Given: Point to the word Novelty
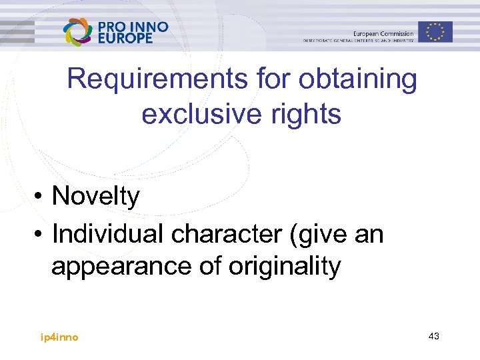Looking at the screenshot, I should pyautogui.click(x=96, y=197).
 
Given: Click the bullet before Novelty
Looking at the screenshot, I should pyautogui.click(x=41, y=197).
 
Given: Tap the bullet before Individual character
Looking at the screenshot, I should pyautogui.click(x=41, y=235).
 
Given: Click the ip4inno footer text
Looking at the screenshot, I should pyautogui.click(x=59, y=337).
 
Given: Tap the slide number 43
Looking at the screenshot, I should pyautogui.click(x=433, y=337).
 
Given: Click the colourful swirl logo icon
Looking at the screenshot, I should pyautogui.click(x=79, y=31).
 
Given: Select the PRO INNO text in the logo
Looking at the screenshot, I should pyautogui.click(x=133, y=27).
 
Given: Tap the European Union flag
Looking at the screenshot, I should pyautogui.click(x=436, y=31).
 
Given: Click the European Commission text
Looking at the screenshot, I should pyautogui.click(x=383, y=33).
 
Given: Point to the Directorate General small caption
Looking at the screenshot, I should pyautogui.click(x=358, y=41).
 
